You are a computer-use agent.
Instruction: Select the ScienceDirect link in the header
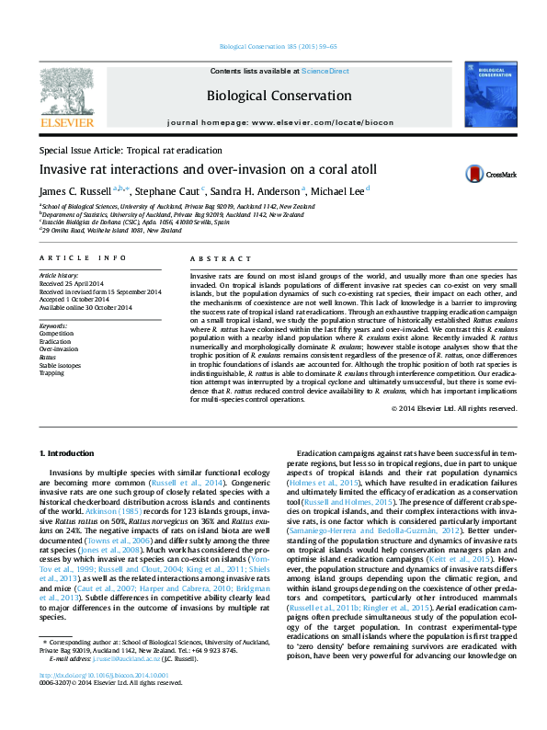point(326,71)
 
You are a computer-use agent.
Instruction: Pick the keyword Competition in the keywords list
point(57,333)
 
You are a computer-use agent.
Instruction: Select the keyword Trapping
point(52,373)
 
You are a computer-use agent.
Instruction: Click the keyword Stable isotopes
point(60,365)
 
